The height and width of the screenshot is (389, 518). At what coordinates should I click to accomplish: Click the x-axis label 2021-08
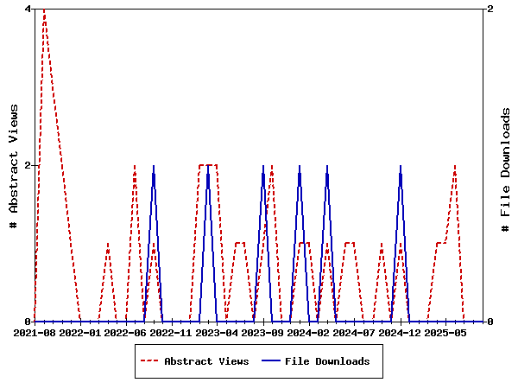[x=35, y=332]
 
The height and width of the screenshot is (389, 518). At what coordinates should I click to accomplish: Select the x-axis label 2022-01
[x=80, y=332]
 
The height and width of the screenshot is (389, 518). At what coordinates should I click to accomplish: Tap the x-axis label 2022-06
[x=126, y=332]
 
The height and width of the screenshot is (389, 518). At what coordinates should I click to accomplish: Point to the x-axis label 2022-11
[x=171, y=332]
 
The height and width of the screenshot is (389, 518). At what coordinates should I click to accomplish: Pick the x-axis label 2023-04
[x=217, y=332]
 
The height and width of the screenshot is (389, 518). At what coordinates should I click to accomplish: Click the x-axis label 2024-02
[x=308, y=332]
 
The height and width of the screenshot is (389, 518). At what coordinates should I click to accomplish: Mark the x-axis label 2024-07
[x=354, y=332]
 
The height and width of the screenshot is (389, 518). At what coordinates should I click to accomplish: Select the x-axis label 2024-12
[x=400, y=332]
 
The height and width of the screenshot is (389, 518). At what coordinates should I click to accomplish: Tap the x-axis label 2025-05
[x=445, y=332]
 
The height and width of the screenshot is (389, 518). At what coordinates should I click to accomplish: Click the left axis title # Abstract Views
[x=14, y=165]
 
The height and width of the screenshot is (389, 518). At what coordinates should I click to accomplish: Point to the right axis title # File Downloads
[x=506, y=169]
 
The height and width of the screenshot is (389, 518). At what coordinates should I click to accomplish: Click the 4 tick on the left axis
[x=28, y=9]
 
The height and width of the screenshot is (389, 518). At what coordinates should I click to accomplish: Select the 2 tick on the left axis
[x=28, y=165]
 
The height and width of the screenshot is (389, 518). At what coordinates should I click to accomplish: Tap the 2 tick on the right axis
[x=490, y=9]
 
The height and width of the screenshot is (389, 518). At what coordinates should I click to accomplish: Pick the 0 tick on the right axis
[x=490, y=322]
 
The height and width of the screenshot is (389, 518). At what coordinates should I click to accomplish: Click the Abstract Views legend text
[x=206, y=361]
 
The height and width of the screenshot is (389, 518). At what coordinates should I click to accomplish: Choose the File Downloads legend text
[x=327, y=361]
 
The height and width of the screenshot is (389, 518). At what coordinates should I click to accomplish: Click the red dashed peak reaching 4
[x=44, y=10]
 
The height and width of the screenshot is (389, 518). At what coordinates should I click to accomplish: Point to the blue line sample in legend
[x=269, y=361]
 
